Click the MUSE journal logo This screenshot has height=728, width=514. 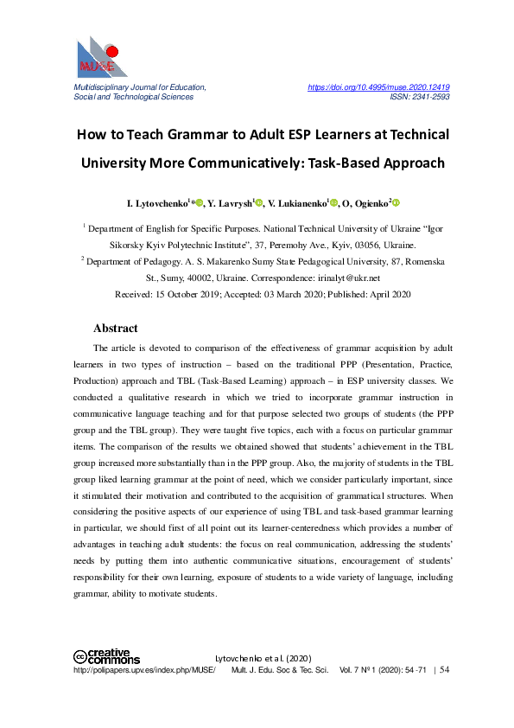point(102,57)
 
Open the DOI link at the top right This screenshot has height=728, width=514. point(378,87)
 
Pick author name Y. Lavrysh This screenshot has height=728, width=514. point(228,204)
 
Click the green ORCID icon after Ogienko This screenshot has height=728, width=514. point(397,203)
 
